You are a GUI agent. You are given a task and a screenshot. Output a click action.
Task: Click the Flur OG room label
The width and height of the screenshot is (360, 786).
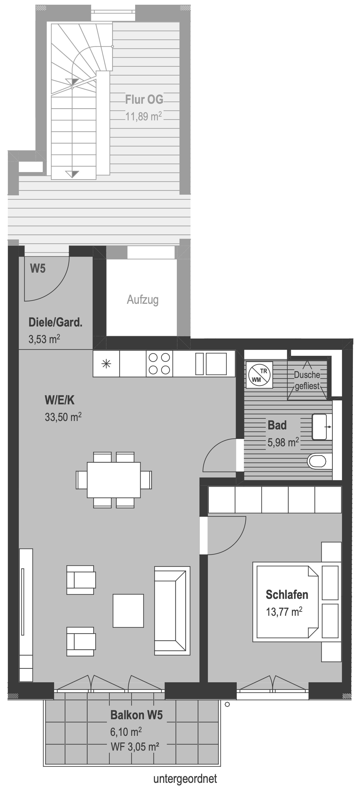coord(144,100)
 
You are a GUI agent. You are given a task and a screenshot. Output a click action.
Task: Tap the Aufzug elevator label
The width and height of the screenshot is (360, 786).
coord(143,300)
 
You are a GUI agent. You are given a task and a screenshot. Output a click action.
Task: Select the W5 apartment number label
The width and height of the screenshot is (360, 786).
coord(38,268)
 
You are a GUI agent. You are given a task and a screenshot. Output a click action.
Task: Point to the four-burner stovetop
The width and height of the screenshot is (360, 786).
coord(159,363)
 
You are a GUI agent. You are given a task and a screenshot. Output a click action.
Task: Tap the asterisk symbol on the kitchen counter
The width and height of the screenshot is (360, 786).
coord(106,364)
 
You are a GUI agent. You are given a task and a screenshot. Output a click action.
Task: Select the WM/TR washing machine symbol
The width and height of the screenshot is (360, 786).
coord(259,375)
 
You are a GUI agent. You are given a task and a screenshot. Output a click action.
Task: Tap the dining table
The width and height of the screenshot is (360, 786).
coord(114,480)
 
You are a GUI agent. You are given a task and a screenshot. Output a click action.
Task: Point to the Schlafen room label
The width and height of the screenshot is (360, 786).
coord(287,595)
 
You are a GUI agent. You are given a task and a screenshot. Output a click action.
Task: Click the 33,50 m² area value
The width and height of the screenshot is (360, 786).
coord(63,417)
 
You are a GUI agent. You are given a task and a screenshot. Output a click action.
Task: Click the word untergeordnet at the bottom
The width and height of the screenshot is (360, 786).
coord(185,777)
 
